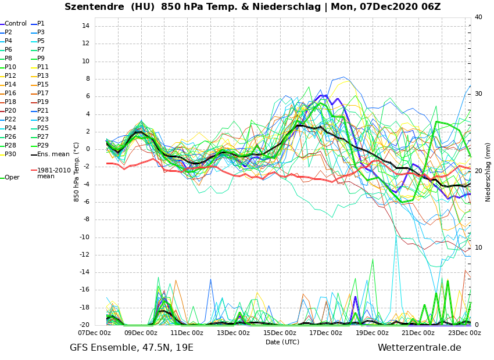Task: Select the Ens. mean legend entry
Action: [53, 154]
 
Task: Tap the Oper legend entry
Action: [12, 178]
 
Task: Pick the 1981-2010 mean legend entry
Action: [53, 173]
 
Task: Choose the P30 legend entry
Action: [10, 154]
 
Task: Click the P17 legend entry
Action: [43, 93]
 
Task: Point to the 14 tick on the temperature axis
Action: [85, 26]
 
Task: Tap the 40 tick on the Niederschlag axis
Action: [478, 17]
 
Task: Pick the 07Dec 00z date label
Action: [95, 333]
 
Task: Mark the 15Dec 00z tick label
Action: [280, 333]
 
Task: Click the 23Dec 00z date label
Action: [464, 333]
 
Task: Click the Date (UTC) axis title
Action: [282, 343]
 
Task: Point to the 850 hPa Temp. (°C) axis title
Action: [77, 172]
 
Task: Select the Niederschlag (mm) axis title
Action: [488, 172]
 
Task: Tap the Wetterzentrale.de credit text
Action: [419, 348]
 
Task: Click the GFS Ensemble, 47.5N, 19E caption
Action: [131, 348]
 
